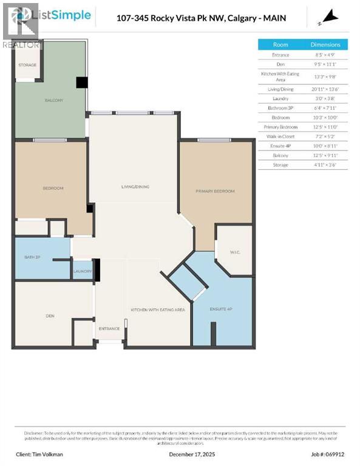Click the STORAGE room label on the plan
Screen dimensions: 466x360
[x=27, y=65]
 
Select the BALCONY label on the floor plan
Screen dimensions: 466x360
[x=53, y=100]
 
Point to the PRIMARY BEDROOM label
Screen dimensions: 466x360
[x=214, y=191]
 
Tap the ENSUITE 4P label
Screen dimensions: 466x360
[x=220, y=309]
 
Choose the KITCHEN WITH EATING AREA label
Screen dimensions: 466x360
[x=157, y=309]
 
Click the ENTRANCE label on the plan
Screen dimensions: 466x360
[x=109, y=328]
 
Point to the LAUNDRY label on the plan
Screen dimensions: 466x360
[x=83, y=271]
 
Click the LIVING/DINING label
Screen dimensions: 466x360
[x=134, y=186]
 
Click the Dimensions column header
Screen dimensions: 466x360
[x=325, y=44]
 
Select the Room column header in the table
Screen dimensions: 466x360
[x=280, y=44]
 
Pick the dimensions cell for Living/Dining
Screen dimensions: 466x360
[x=325, y=89]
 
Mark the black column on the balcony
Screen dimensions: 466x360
[x=81, y=83]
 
